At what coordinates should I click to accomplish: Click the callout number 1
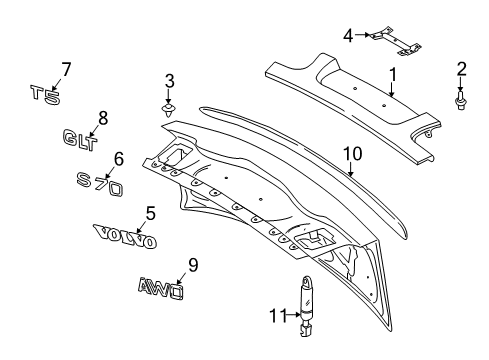pyautogui.click(x=393, y=74)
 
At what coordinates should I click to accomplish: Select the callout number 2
pyautogui.click(x=461, y=68)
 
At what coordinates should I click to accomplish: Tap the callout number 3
pyautogui.click(x=170, y=80)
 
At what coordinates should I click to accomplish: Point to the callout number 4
pyautogui.click(x=348, y=36)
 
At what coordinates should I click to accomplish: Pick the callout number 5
pyautogui.click(x=150, y=212)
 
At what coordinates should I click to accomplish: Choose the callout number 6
pyautogui.click(x=118, y=158)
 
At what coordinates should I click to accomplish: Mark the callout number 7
pyautogui.click(x=66, y=69)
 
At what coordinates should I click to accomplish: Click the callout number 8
pyautogui.click(x=102, y=115)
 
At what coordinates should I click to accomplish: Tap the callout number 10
pyautogui.click(x=351, y=153)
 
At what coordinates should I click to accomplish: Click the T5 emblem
pyautogui.click(x=46, y=94)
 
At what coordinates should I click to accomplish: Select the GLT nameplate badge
pyautogui.click(x=78, y=137)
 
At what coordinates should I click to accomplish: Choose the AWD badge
pyautogui.click(x=161, y=288)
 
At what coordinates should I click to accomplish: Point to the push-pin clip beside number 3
pyautogui.click(x=170, y=106)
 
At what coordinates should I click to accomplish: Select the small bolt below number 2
pyautogui.click(x=461, y=99)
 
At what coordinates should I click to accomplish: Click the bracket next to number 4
pyautogui.click(x=391, y=39)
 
